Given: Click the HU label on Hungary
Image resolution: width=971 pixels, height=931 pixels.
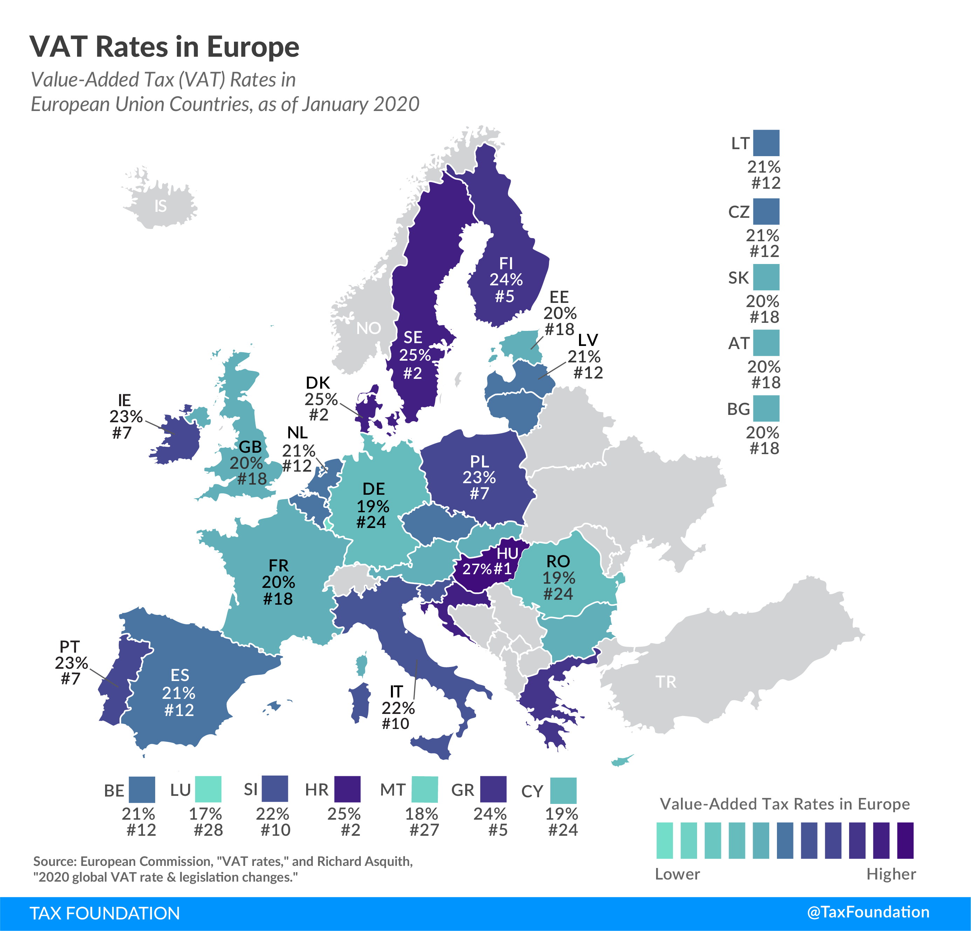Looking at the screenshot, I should (x=507, y=553).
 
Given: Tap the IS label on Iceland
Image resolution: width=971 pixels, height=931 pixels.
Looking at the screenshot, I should (x=160, y=206).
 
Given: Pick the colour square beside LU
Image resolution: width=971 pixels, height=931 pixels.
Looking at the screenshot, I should (x=208, y=789).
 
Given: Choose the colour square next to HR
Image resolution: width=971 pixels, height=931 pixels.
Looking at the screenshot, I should (x=347, y=789).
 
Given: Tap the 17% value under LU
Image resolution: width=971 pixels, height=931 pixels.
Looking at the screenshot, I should (x=205, y=814).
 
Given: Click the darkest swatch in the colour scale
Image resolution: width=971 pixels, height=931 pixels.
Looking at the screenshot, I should (x=905, y=840).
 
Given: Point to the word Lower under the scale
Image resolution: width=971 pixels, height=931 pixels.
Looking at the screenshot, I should (x=677, y=874).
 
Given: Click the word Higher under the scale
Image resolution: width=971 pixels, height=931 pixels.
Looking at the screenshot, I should (x=891, y=874).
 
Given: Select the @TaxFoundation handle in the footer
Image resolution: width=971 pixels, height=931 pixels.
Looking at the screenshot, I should (x=868, y=912).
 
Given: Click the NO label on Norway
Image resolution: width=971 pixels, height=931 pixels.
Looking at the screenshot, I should (x=369, y=328).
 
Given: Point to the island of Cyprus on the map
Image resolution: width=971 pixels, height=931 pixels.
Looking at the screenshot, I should (x=621, y=761).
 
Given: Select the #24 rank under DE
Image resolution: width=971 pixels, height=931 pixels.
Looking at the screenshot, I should (x=371, y=522).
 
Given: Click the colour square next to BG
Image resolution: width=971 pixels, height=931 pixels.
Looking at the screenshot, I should (x=766, y=409).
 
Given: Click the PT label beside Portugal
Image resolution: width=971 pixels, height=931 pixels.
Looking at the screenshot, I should (x=69, y=647).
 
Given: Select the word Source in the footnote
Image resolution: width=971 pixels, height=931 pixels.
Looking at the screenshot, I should (x=55, y=861).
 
